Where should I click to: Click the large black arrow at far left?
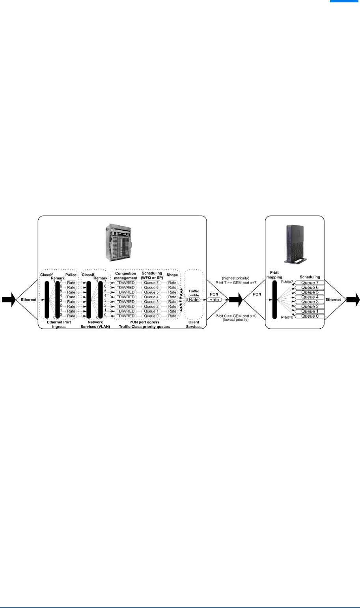pos(7,300)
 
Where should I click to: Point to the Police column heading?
pos(71,275)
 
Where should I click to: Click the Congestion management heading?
pos(126,276)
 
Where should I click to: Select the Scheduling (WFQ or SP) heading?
pos(152,276)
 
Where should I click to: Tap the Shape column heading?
pos(172,275)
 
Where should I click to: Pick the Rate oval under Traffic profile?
pos(193,300)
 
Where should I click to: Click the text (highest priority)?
pos(236,278)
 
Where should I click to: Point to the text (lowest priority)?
pos(236,320)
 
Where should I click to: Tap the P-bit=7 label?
pos(287,282)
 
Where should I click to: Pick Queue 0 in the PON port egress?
pos(152,316)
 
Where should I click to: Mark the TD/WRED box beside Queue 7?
pos(126,283)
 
